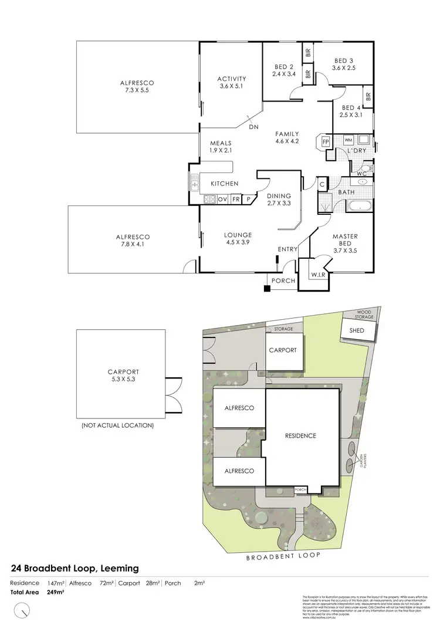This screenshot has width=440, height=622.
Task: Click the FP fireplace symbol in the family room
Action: (324, 142)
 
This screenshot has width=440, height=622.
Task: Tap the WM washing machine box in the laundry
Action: (348, 140)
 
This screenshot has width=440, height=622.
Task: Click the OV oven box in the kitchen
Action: (222, 200)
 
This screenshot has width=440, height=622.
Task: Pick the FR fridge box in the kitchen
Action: (236, 200)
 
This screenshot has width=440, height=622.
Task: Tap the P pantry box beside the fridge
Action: (249, 200)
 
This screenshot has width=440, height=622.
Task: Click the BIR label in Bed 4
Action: (368, 97)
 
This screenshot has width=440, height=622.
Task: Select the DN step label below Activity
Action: (253, 127)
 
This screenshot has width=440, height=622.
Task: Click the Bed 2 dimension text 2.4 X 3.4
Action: (283, 74)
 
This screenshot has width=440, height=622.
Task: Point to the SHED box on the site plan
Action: (357, 330)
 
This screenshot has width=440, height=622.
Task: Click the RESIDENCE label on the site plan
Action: (300, 435)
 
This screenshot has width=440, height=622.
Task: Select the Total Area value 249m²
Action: (55, 592)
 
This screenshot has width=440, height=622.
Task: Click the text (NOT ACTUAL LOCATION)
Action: (117, 425)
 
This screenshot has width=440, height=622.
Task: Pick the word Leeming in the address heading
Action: (120, 568)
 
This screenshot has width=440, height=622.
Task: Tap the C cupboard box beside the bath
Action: (322, 184)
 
